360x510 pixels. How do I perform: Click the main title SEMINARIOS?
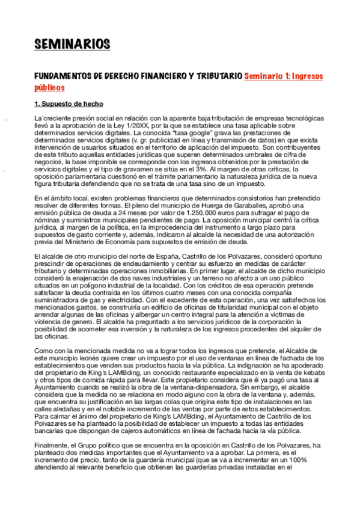(x=72, y=44)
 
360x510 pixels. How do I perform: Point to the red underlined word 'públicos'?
(x=49, y=88)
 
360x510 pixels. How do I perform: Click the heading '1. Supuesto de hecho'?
(x=65, y=105)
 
